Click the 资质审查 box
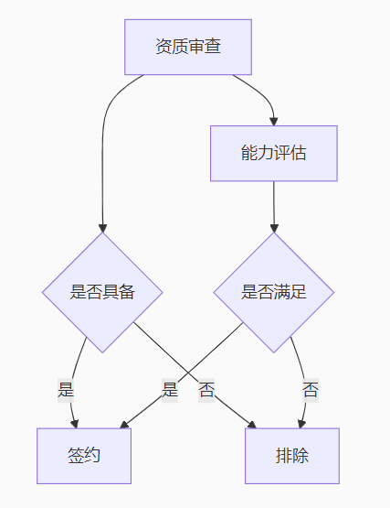(x=188, y=47)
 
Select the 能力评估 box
(x=274, y=153)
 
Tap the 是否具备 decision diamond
(x=102, y=292)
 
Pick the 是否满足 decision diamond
(x=274, y=292)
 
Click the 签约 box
(x=84, y=455)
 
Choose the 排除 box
(x=292, y=455)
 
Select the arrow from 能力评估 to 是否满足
(x=274, y=206)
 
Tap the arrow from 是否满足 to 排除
(x=302, y=366)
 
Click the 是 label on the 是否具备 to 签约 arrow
(x=66, y=389)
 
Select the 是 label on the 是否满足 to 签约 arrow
(x=170, y=389)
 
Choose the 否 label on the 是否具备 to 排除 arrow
(x=206, y=389)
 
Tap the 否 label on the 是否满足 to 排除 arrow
(x=311, y=389)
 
